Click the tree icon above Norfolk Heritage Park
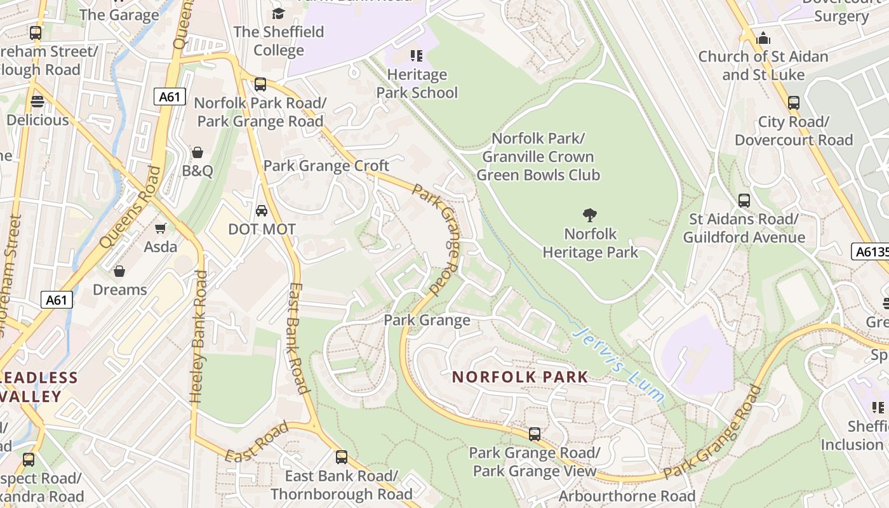(590, 215)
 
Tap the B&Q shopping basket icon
(197, 152)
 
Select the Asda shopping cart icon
(161, 228)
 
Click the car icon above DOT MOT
(262, 210)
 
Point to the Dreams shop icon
(119, 272)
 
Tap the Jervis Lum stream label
(618, 364)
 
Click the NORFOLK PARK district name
(520, 377)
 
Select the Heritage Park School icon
(417, 56)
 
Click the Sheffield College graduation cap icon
(278, 13)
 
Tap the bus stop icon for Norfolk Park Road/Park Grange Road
(260, 84)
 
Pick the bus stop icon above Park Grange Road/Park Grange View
(535, 434)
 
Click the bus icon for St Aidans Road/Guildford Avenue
(744, 201)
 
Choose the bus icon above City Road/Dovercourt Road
(793, 103)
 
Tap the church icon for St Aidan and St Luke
(763, 38)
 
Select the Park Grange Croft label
(326, 166)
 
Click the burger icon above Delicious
(37, 102)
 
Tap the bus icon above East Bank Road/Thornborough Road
(342, 457)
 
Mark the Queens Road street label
(131, 207)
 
